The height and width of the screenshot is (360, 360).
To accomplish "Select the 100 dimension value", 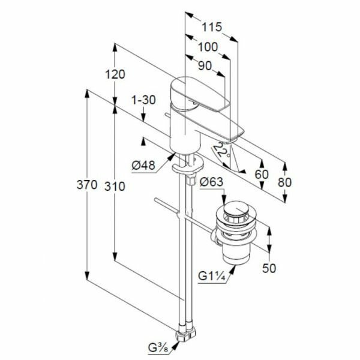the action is (x=208, y=47).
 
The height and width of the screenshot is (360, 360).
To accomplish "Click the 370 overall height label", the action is (x=86, y=186).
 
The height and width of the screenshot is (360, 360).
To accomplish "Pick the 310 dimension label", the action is (x=115, y=186).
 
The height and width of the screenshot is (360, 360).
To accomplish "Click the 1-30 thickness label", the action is (x=145, y=100).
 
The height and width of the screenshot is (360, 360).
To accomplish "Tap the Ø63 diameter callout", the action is (x=212, y=182).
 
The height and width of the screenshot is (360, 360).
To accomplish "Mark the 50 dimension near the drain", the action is (x=269, y=268).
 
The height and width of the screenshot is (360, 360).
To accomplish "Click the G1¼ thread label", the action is (x=213, y=277).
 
